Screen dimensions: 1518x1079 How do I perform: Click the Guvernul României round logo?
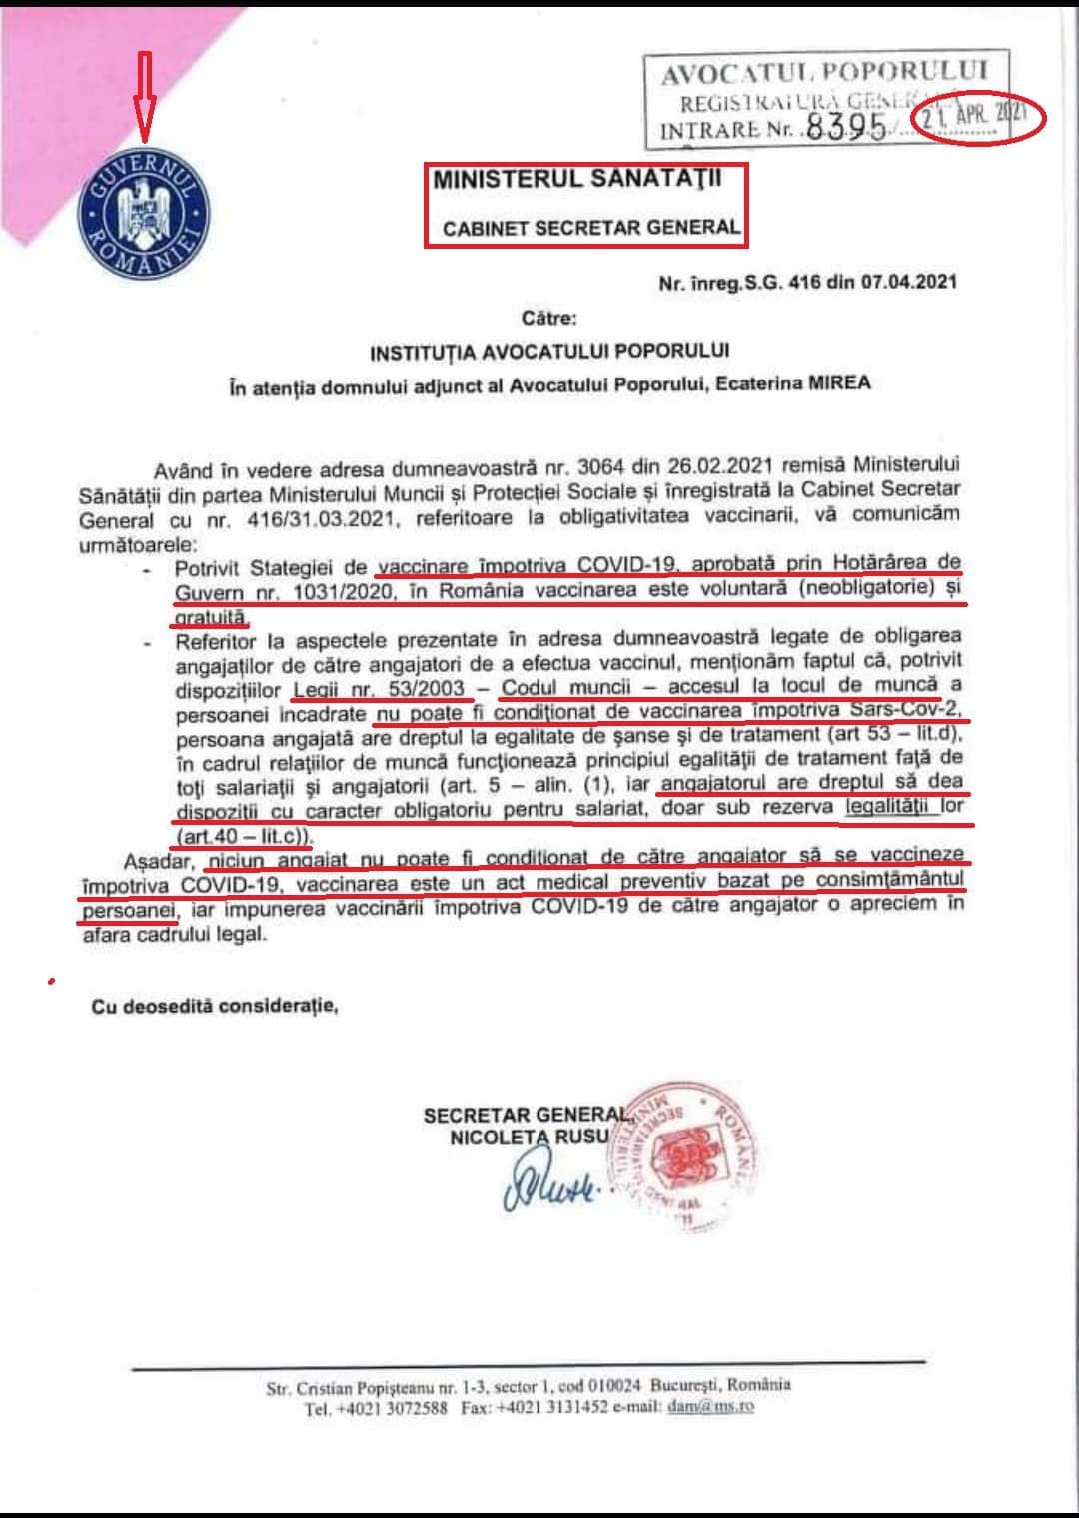(143, 215)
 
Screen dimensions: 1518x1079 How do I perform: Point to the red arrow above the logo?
(143, 98)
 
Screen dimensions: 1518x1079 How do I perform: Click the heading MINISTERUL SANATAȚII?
(576, 180)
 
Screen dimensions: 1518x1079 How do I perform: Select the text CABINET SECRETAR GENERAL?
(591, 228)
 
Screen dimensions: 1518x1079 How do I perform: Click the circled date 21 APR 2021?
(975, 115)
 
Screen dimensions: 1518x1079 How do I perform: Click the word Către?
(549, 319)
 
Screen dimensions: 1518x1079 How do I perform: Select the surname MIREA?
(835, 382)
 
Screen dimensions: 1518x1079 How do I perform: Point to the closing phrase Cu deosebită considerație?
(215, 1006)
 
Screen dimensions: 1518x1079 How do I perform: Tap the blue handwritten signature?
(548, 1185)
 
